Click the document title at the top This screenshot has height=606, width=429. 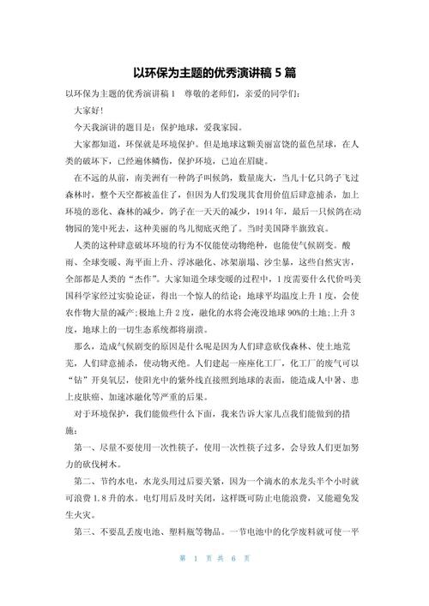(x=214, y=73)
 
